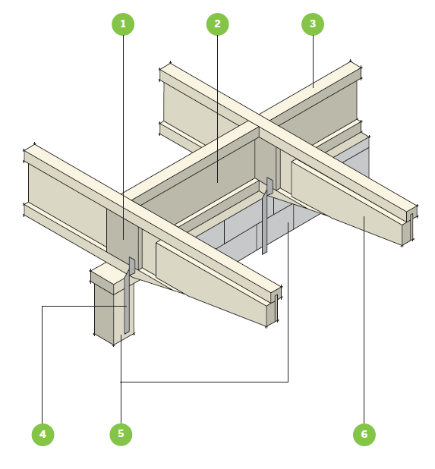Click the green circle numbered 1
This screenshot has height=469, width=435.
[123, 24]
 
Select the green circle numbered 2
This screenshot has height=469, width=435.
[217, 24]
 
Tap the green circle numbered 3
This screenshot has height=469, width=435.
[313, 24]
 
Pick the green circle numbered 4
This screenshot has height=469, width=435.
[43, 434]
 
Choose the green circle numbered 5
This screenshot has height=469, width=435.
[121, 434]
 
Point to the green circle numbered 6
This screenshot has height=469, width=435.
[364, 434]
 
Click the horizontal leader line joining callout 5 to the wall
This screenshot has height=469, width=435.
[204, 382]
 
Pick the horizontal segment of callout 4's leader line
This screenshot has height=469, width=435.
[84, 306]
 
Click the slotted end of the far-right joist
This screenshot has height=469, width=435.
[410, 225]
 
